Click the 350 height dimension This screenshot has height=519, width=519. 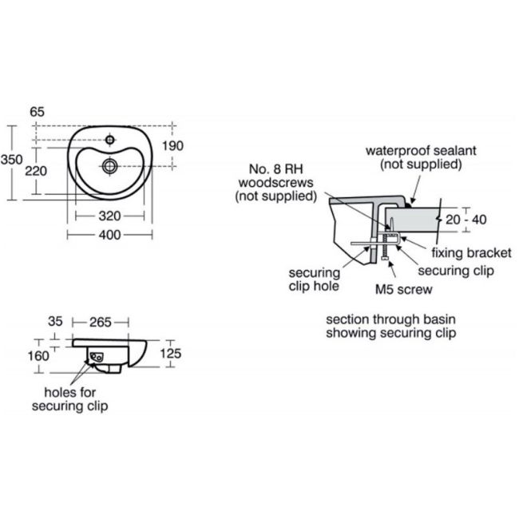[x=12, y=160]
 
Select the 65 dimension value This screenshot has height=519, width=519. [x=37, y=112]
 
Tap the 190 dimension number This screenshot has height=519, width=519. [x=172, y=145]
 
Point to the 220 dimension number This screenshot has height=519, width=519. [x=36, y=171]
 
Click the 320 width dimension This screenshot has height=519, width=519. [x=109, y=216]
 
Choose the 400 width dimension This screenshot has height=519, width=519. [x=109, y=235]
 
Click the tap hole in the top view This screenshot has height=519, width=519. [x=110, y=140]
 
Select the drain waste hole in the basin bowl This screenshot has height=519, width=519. [x=110, y=166]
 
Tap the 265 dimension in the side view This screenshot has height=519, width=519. [x=101, y=322]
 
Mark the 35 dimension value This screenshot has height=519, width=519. [x=55, y=322]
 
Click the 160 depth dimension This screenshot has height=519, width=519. [x=38, y=356]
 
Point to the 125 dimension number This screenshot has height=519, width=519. [x=171, y=354]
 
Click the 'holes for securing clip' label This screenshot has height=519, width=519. [x=69, y=399]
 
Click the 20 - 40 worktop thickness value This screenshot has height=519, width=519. [x=466, y=220]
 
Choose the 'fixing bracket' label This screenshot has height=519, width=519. [x=471, y=253]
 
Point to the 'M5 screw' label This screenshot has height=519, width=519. [x=404, y=289]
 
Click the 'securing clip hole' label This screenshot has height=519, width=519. [x=314, y=279]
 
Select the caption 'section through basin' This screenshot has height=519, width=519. [x=391, y=319]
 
